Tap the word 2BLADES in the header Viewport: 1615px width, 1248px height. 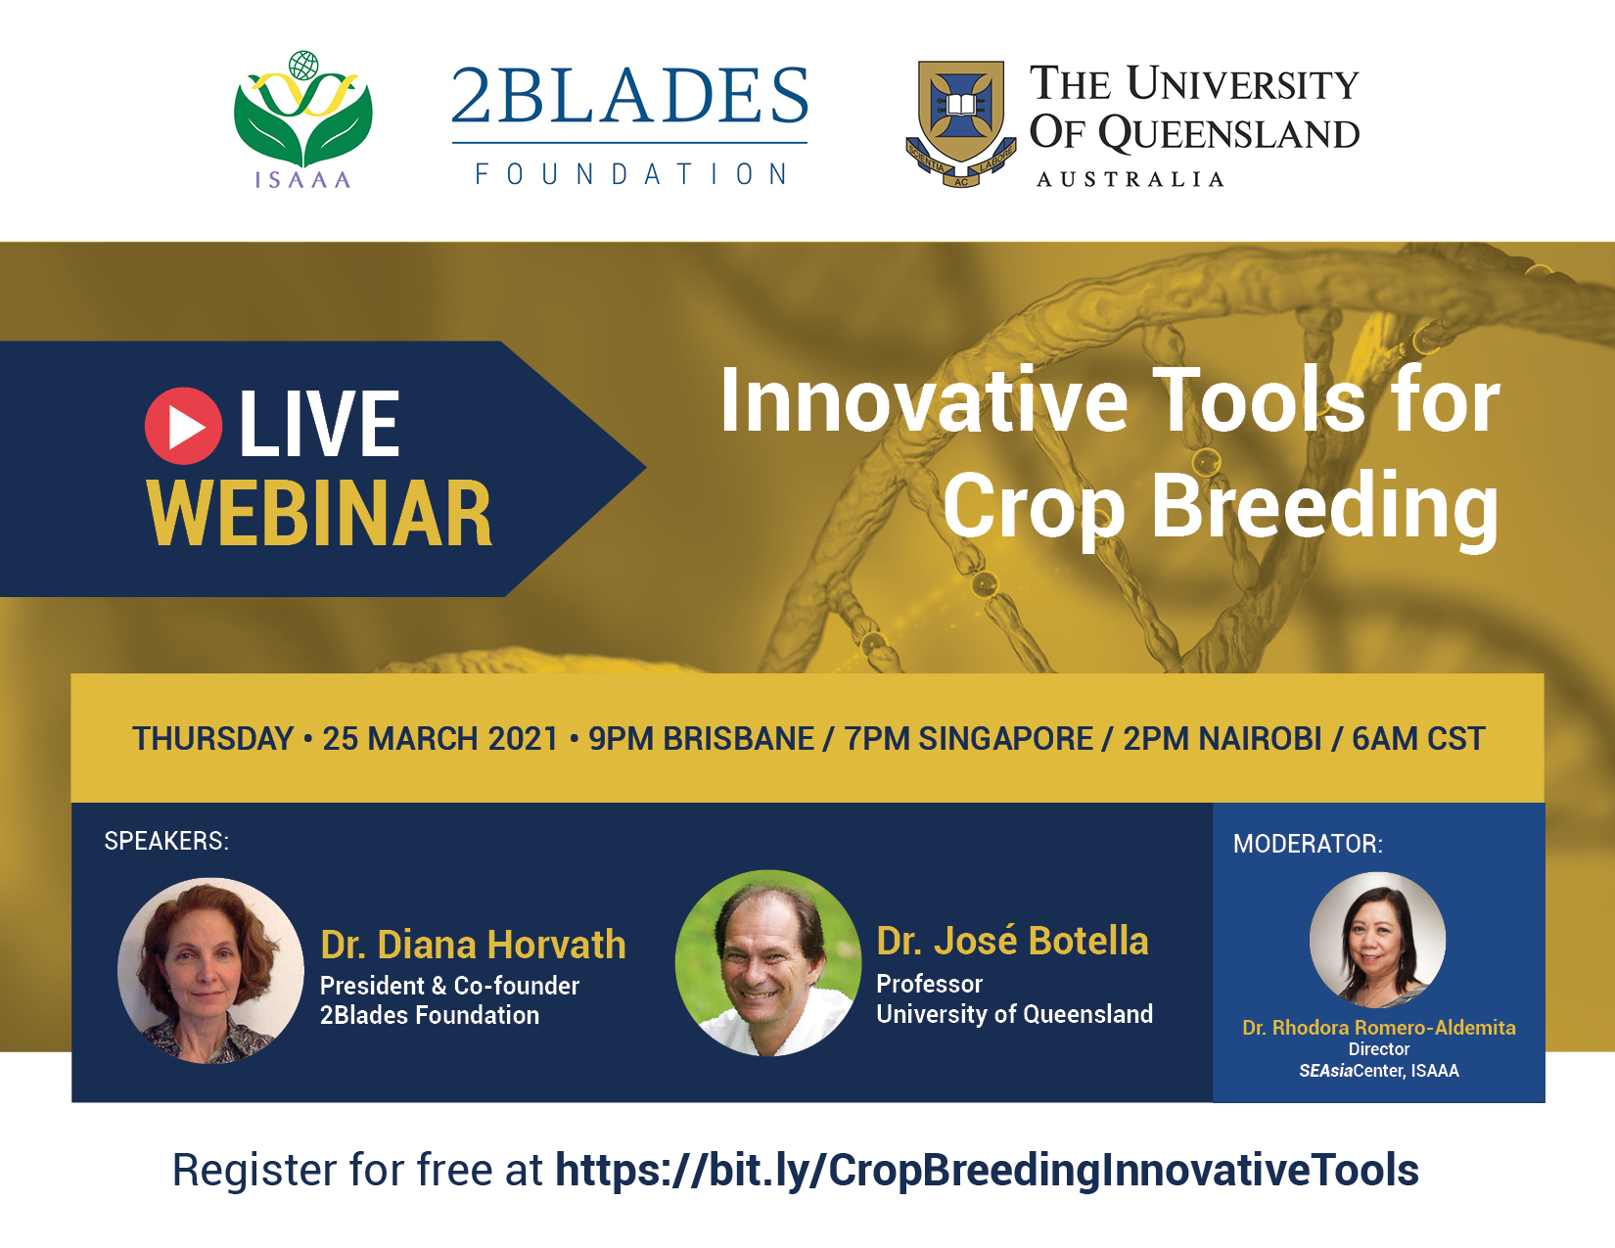pos(629,96)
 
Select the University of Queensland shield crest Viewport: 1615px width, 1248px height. pos(961,123)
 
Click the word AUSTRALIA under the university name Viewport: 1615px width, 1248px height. pos(1130,179)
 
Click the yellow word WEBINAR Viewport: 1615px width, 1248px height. pos(320,514)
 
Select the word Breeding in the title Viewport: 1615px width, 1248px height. pos(1324,509)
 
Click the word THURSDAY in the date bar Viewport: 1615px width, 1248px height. pos(212,739)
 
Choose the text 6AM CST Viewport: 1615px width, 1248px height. pos(1418,739)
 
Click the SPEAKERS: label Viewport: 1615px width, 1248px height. pos(166,841)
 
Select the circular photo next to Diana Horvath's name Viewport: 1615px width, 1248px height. pos(211,971)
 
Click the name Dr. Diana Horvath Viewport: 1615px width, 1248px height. pos(474,945)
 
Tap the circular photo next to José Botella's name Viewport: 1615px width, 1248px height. pos(768,963)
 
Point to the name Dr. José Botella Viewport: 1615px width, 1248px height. pos(1012,941)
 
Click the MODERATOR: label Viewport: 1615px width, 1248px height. pos(1308,844)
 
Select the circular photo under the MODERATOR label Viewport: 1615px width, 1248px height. pos(1377,941)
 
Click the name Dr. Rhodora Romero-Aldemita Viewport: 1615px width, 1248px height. pos(1379,1027)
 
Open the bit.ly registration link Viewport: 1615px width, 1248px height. pos(987,1170)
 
